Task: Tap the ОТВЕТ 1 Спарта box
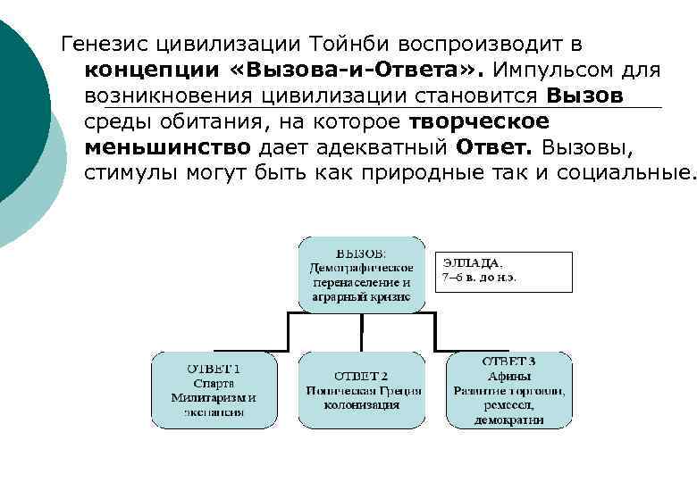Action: coord(214,390)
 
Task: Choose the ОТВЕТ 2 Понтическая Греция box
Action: coord(360,390)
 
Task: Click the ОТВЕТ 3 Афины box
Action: coord(508,390)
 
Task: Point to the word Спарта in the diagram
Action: coord(214,383)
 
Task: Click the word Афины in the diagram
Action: coord(508,376)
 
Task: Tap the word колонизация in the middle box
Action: coord(361,404)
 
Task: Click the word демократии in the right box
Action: coord(508,419)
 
